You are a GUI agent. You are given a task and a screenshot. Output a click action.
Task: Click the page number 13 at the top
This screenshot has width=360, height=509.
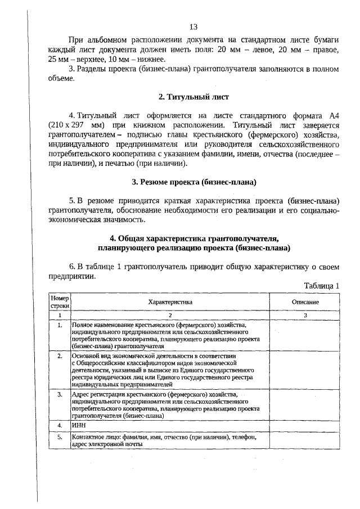[193, 27]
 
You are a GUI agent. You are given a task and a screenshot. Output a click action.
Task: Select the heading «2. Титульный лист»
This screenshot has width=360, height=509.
[193, 97]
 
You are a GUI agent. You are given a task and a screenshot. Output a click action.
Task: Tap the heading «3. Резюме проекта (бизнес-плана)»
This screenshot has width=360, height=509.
[193, 182]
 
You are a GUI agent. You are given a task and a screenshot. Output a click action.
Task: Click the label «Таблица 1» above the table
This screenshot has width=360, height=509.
[322, 286]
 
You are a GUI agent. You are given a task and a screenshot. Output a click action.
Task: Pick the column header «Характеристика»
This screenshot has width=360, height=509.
[170, 302]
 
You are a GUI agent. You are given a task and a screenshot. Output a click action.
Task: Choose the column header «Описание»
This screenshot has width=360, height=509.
[305, 302]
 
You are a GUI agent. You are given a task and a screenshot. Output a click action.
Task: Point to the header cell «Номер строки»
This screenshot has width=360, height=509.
[60, 302]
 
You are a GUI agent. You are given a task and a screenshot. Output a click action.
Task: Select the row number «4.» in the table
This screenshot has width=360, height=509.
[60, 426]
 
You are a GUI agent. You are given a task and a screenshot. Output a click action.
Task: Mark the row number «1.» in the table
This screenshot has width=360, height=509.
[60, 325]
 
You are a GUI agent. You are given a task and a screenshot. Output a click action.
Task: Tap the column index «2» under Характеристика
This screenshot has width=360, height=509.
[170, 316]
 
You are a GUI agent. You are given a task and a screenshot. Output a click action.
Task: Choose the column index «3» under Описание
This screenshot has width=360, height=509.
[305, 316]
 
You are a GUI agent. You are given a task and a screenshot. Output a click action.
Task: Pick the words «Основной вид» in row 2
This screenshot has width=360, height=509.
[91, 356]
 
